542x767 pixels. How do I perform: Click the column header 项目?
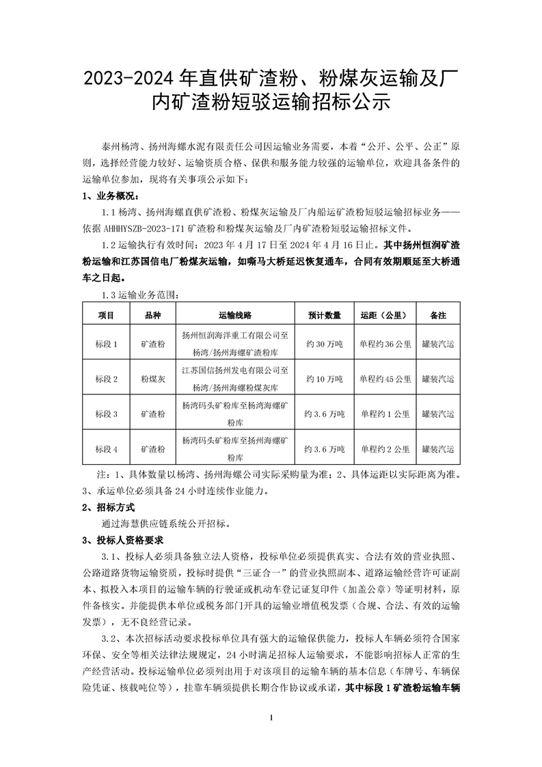click(x=106, y=316)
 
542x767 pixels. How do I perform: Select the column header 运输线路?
click(x=235, y=316)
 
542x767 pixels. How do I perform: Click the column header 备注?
click(x=438, y=316)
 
